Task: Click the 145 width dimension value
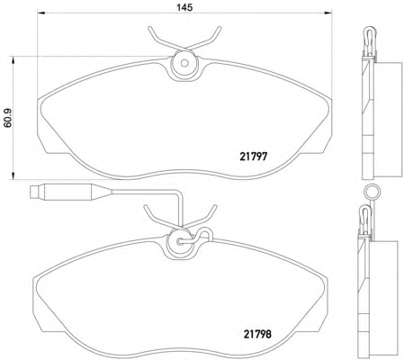184,7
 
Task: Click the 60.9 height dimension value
8,118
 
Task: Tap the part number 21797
254,157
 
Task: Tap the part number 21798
257,334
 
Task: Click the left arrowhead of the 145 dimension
40,13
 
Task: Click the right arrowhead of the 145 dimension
328,13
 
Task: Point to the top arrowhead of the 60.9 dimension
13,60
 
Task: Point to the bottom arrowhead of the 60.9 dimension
13,175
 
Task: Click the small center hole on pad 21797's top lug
184,63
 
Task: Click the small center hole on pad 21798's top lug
180,241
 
